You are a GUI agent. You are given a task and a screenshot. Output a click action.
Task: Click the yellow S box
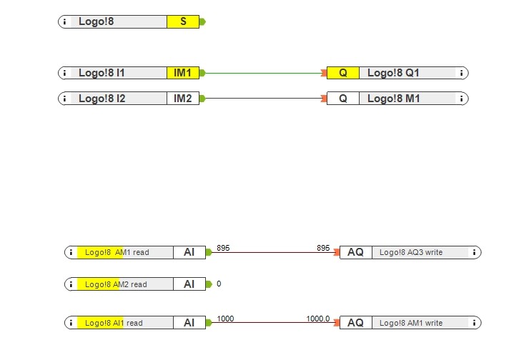(x=183, y=21)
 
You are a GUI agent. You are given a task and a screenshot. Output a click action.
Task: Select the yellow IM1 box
(x=183, y=73)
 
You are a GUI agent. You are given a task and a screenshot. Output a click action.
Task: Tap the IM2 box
(x=183, y=99)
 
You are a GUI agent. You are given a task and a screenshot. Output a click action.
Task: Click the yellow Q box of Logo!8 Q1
(x=343, y=73)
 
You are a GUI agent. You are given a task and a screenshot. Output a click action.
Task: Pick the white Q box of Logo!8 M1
(x=343, y=99)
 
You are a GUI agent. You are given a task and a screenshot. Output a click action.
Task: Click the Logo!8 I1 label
(x=102, y=73)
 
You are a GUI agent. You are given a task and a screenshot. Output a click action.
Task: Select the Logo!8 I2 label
(x=102, y=99)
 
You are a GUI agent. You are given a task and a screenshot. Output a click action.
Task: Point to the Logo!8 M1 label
(x=393, y=99)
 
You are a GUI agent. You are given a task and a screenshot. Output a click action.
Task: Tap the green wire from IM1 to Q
(x=264, y=73)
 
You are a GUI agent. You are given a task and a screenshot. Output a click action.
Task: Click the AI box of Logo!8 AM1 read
(x=189, y=252)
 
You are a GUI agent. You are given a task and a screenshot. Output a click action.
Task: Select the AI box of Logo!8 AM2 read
(x=189, y=284)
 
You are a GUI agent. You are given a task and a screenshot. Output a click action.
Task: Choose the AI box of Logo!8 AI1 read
(x=189, y=323)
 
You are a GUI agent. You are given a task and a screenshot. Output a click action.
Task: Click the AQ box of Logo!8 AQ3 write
(x=356, y=252)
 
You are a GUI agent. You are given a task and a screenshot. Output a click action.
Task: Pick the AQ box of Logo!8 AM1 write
(x=356, y=323)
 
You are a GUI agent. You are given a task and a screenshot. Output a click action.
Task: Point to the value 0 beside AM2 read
(x=219, y=284)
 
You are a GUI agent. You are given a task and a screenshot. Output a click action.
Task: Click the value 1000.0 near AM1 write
(x=318, y=319)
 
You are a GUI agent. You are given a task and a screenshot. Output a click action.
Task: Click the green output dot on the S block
(x=203, y=21)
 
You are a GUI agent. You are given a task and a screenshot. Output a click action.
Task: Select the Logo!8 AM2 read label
(x=116, y=284)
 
